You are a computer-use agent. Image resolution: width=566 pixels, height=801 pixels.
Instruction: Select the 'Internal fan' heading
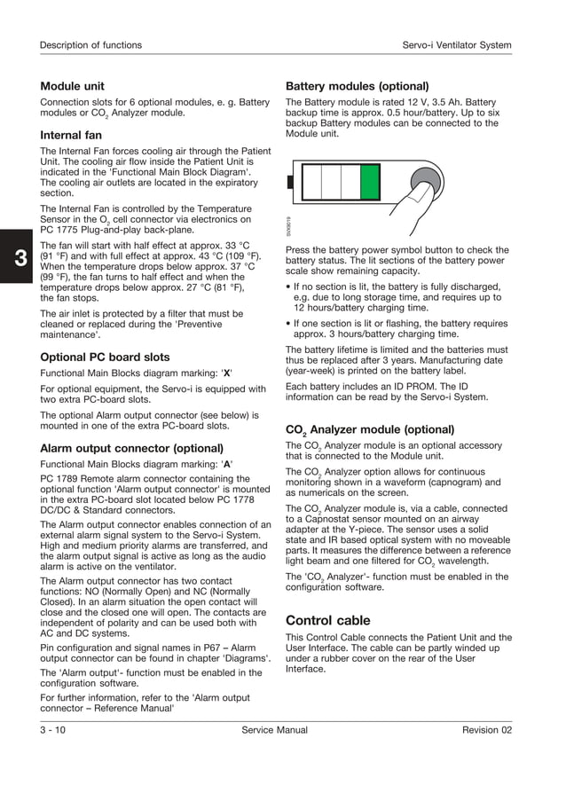[71, 136]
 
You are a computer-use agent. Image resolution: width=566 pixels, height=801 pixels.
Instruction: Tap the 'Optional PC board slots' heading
[105, 357]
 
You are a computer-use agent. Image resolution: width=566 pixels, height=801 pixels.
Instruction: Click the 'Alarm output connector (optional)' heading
[131, 449]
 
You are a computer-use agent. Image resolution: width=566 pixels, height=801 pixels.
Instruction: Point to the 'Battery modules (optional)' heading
[357, 86]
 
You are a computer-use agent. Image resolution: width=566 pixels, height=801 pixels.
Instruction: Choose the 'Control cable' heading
[327, 620]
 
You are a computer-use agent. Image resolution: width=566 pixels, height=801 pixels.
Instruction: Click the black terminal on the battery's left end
[291, 184]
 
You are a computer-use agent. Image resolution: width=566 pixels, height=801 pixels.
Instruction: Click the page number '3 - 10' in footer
[52, 730]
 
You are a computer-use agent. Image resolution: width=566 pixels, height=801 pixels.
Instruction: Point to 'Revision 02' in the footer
[486, 730]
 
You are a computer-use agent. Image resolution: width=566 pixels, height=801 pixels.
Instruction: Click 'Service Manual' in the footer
[274, 730]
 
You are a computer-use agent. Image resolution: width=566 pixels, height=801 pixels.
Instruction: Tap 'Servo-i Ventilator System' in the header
[457, 45]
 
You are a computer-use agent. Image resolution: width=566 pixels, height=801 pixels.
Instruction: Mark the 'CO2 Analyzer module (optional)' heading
[369, 429]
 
